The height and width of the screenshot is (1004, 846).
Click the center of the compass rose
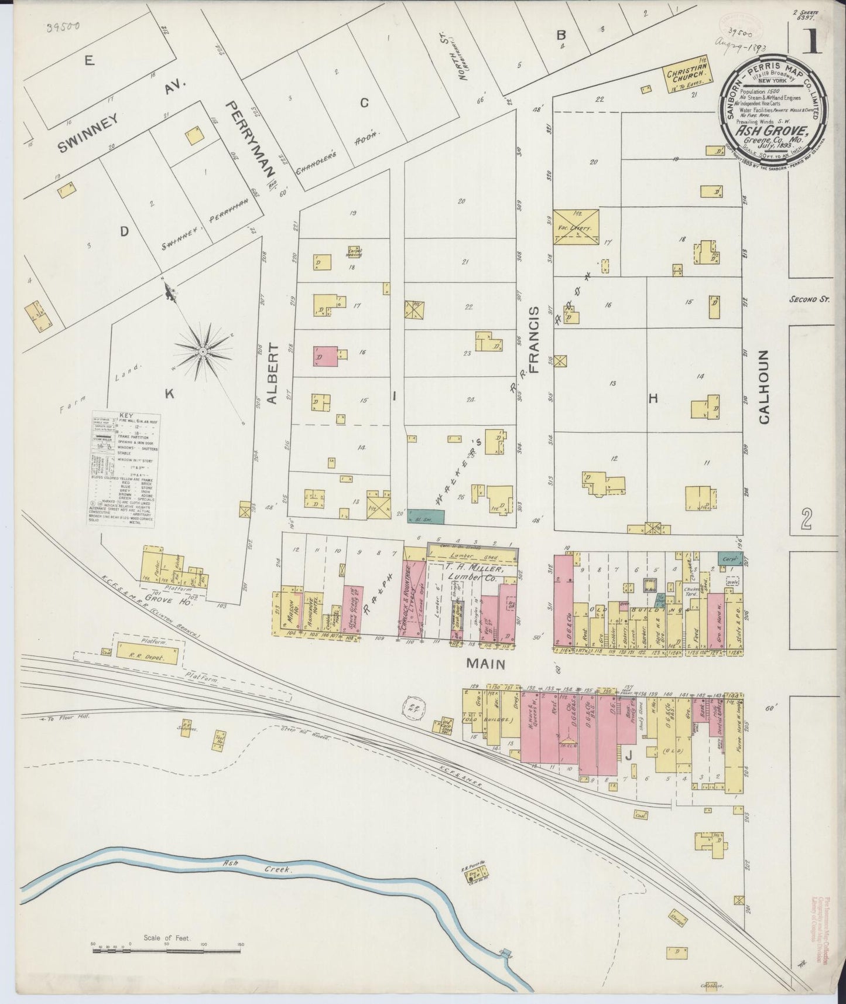click(202, 351)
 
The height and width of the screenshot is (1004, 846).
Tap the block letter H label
click(653, 398)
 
